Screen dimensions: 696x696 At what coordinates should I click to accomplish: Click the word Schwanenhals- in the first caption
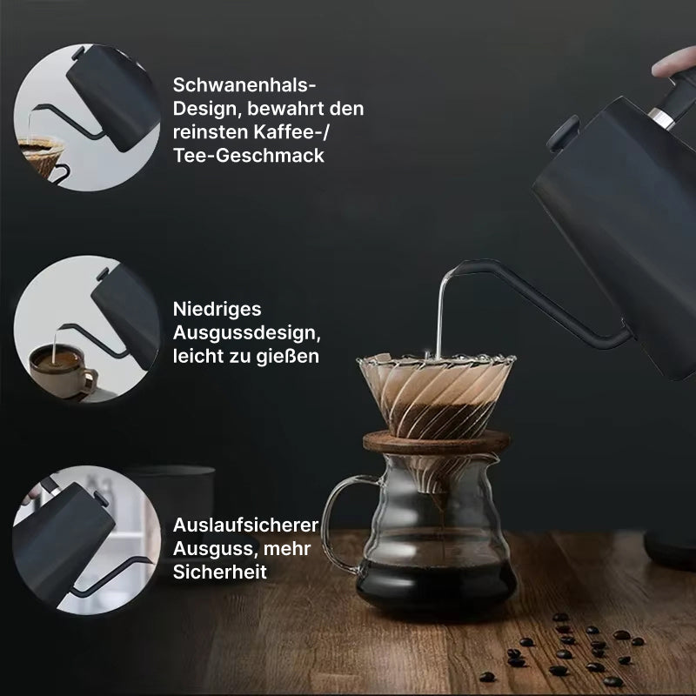point(244,84)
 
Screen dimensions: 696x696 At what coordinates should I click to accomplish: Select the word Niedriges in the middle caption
point(217,310)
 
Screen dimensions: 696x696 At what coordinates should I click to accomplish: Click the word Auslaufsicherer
point(245,525)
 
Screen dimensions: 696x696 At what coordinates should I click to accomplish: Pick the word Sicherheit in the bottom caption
point(220,572)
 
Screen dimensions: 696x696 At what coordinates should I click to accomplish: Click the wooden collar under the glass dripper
point(437,442)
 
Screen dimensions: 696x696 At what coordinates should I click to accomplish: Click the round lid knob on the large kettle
point(563,132)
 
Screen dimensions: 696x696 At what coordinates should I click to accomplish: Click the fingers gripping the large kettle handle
point(673,63)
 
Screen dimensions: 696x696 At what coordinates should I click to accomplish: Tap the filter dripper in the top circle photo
point(41,156)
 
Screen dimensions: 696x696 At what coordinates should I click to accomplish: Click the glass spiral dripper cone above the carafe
point(436,395)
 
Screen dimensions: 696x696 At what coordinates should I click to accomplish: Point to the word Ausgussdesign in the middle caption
point(246,333)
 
